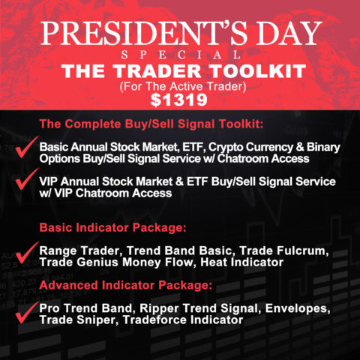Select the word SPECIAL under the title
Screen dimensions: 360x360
tap(180, 55)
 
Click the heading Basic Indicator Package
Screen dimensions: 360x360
tap(119, 227)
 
